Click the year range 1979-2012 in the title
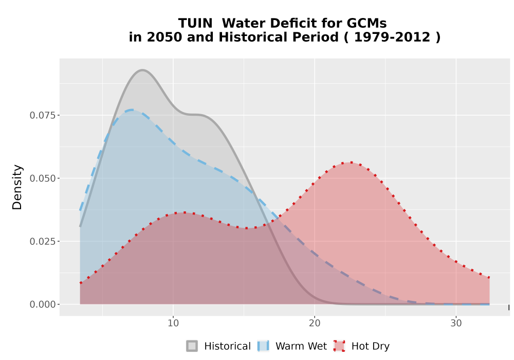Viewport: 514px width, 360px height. pyautogui.click(x=392, y=37)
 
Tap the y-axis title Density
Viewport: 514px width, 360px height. pyautogui.click(x=17, y=187)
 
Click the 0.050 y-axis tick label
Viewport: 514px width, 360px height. pyautogui.click(x=43, y=178)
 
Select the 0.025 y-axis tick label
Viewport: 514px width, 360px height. pyautogui.click(x=43, y=242)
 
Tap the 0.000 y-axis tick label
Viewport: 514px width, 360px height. pyautogui.click(x=43, y=304)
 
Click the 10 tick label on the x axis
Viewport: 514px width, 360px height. pyautogui.click(x=173, y=323)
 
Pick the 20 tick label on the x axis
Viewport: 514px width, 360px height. pyautogui.click(x=315, y=323)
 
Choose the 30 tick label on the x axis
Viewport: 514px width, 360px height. pyautogui.click(x=456, y=323)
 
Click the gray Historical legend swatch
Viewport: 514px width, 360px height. pyautogui.click(x=192, y=346)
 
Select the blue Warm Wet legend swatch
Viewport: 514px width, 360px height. pyautogui.click(x=264, y=346)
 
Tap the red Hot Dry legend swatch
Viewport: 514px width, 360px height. pyautogui.click(x=339, y=346)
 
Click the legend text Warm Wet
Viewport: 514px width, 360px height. pyautogui.click(x=301, y=346)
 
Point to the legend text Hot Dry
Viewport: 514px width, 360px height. pyautogui.click(x=371, y=347)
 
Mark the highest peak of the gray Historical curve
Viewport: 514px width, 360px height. pyautogui.click(x=142, y=70)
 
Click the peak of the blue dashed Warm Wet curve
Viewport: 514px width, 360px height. pyautogui.click(x=132, y=110)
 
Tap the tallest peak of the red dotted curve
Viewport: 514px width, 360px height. pyautogui.click(x=351, y=163)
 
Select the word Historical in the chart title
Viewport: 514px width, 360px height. pyautogui.click(x=279, y=37)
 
